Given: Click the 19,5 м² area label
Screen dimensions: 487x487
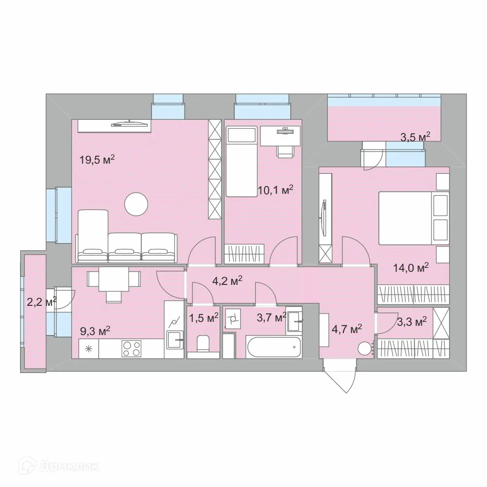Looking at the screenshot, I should tap(97, 160).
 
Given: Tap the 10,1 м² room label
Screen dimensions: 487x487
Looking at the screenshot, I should tap(276, 190).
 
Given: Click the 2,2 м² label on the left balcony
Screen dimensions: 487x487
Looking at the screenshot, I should tap(41, 302).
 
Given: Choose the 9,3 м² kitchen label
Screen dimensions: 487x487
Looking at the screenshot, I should tap(95, 332).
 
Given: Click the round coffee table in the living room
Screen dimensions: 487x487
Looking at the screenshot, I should tap(136, 205).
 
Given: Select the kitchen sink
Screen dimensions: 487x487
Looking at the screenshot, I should tap(174, 339).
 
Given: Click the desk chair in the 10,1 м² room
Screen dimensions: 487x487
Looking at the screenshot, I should tap(285, 150).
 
